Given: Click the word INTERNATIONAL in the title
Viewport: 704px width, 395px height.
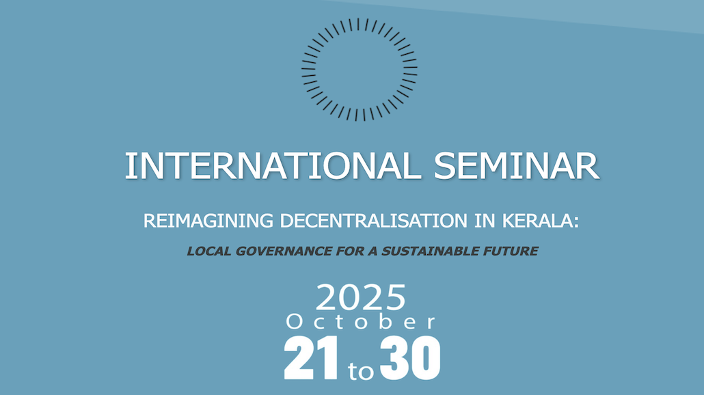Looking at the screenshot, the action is pos(273,166).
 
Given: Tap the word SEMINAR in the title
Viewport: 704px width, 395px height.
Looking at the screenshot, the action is pos(516,166).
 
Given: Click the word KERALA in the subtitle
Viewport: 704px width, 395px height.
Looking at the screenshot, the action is pos(537,221).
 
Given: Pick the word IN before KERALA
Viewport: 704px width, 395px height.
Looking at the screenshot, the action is pos(485,221).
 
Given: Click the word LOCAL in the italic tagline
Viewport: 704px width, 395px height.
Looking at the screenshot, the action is pos(208,251).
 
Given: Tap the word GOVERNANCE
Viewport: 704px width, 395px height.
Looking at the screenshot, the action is pos(283,251).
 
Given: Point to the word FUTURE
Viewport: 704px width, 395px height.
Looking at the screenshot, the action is pos(510,251).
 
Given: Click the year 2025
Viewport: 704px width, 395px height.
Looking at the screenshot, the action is pos(360,297).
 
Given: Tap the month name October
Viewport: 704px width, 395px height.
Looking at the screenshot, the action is pos(360,321).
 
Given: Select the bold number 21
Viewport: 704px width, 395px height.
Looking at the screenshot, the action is pos(311,358).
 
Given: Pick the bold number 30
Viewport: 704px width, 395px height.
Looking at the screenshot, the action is pos(410,358).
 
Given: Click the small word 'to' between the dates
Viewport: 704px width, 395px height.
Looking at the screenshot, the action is pos(360,371).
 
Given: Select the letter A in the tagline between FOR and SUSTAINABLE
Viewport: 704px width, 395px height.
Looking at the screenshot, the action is pos(373,251).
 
